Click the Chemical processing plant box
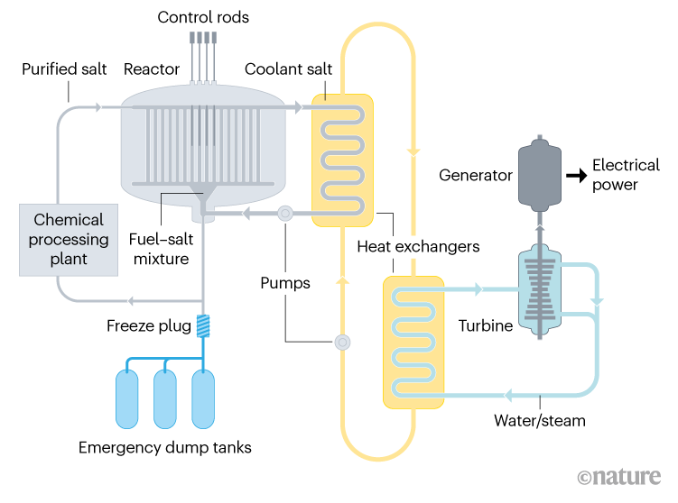pyautogui.click(x=69, y=239)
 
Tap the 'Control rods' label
pyautogui.click(x=203, y=17)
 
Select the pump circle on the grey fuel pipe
pyautogui.click(x=285, y=215)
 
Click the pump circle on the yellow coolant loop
pyautogui.click(x=342, y=343)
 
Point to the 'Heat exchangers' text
pyautogui.click(x=418, y=246)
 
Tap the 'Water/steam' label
pyautogui.click(x=539, y=420)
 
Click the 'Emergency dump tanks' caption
pyautogui.click(x=165, y=448)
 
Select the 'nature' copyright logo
pyautogui.click(x=622, y=477)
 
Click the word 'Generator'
pyautogui.click(x=475, y=175)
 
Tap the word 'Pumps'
pyautogui.click(x=285, y=283)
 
